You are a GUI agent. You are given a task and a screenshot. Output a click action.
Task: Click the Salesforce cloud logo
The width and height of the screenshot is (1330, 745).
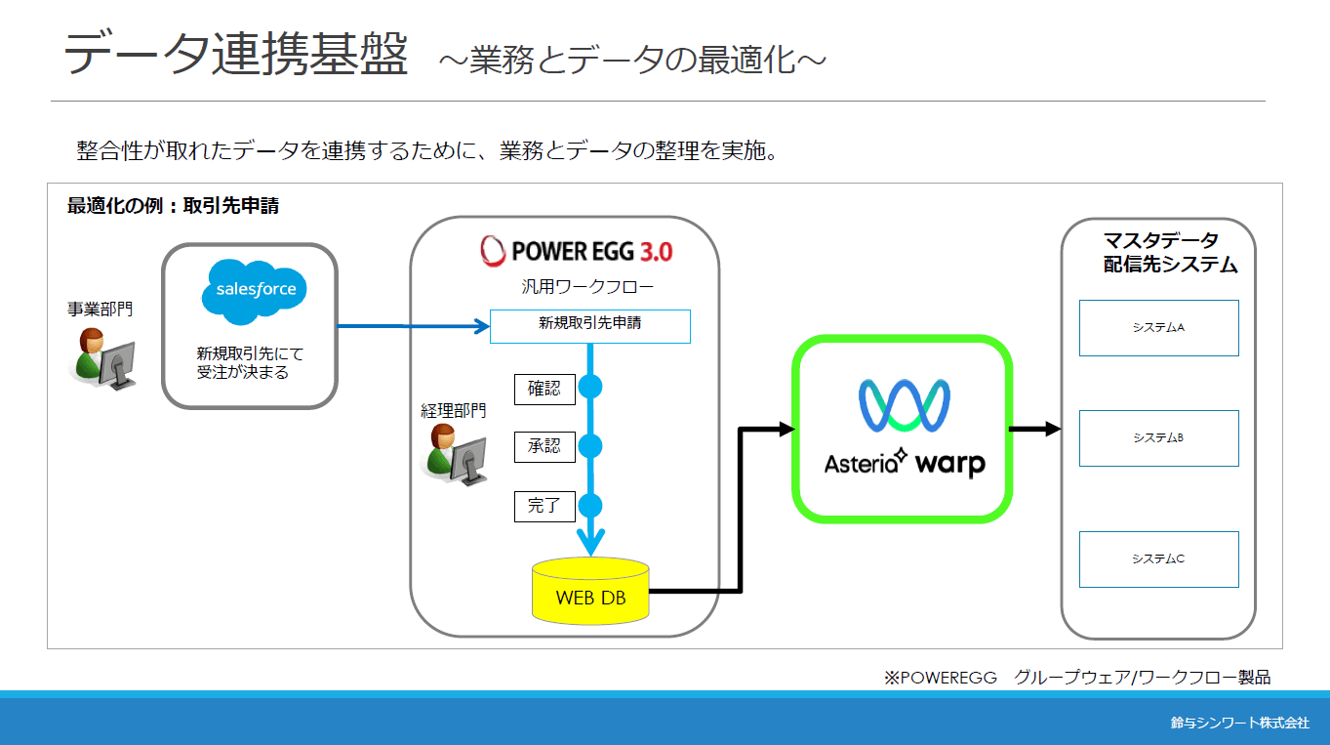(255, 292)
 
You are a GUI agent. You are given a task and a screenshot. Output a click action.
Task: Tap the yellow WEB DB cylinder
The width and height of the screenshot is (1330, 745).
(590, 591)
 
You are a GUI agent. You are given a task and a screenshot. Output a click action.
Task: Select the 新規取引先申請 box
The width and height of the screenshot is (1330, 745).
(590, 326)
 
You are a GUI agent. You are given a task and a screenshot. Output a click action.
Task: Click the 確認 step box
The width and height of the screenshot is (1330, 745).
(544, 390)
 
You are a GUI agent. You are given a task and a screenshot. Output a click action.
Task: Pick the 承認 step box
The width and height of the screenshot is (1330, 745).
(544, 447)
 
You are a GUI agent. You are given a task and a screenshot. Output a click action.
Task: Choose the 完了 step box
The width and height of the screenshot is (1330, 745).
(544, 506)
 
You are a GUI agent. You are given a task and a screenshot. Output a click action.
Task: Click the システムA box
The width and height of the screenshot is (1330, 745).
(1159, 328)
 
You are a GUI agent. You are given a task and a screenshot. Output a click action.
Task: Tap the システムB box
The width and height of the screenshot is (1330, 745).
(1159, 438)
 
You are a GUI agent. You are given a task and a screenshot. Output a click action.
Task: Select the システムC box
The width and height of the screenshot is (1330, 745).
(1159, 559)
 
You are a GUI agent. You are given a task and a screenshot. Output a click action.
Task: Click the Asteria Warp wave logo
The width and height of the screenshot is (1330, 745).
(904, 405)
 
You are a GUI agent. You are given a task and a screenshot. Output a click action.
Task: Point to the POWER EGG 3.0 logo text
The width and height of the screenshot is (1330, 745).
(577, 251)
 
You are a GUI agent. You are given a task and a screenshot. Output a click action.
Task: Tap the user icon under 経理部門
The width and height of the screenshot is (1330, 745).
(454, 455)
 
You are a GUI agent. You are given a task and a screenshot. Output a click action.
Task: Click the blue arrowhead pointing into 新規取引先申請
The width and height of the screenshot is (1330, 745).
(481, 326)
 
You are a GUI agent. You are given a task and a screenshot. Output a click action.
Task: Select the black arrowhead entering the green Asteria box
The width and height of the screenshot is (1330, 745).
(787, 429)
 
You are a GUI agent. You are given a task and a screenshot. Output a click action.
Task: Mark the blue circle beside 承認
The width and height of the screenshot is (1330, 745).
(590, 446)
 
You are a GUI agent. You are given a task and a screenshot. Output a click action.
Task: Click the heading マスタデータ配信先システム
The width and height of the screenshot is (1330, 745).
(1170, 253)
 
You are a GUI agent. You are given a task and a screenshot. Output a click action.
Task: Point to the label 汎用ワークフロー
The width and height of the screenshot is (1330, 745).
(587, 287)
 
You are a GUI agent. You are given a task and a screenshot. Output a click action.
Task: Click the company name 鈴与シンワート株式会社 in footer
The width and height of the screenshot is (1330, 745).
(1240, 723)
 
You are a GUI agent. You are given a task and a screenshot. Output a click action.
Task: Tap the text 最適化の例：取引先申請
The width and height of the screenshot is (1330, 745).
(173, 206)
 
